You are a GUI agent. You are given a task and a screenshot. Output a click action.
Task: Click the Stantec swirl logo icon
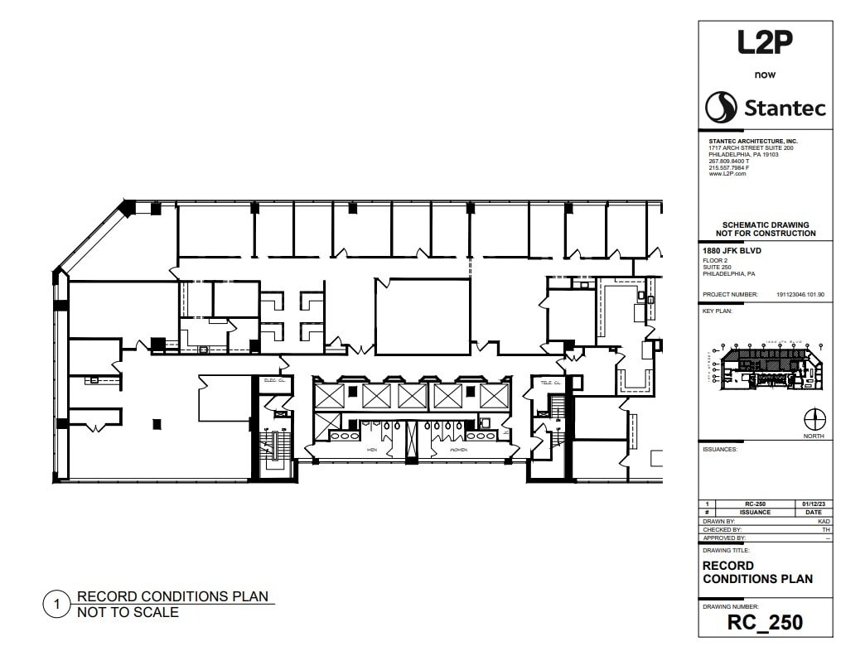pyautogui.click(x=721, y=108)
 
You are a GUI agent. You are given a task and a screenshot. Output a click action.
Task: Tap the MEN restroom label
pyautogui.click(x=373, y=450)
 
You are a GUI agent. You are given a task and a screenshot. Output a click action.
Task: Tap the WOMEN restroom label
pyautogui.click(x=457, y=450)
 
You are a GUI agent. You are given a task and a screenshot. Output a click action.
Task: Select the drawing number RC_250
pyautogui.click(x=765, y=622)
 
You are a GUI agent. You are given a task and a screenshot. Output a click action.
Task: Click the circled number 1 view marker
pyautogui.click(x=56, y=605)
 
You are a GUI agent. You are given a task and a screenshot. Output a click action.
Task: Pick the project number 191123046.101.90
pyautogui.click(x=800, y=294)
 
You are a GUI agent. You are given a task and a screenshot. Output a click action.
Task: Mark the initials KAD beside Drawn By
pyautogui.click(x=824, y=521)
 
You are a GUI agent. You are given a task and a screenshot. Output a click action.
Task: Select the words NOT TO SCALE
pyautogui.click(x=128, y=613)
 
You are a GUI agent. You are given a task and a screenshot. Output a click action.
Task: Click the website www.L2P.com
pyautogui.click(x=727, y=174)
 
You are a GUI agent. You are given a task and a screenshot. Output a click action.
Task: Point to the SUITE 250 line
pyautogui.click(x=718, y=267)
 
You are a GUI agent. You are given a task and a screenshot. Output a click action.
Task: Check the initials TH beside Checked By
pyautogui.click(x=826, y=529)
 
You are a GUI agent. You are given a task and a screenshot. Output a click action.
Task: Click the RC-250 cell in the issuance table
pyautogui.click(x=755, y=504)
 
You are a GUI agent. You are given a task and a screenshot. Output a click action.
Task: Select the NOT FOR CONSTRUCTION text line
pyautogui.click(x=766, y=234)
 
